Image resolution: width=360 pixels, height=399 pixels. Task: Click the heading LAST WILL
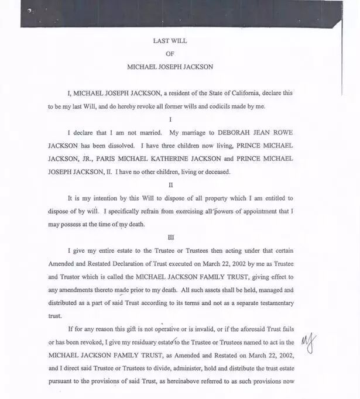coord(170,41)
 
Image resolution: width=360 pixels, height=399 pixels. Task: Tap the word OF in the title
coord(170,54)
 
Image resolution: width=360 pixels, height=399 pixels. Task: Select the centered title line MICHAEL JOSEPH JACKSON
coord(170,67)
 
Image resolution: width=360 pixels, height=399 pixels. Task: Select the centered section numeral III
coord(170,238)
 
